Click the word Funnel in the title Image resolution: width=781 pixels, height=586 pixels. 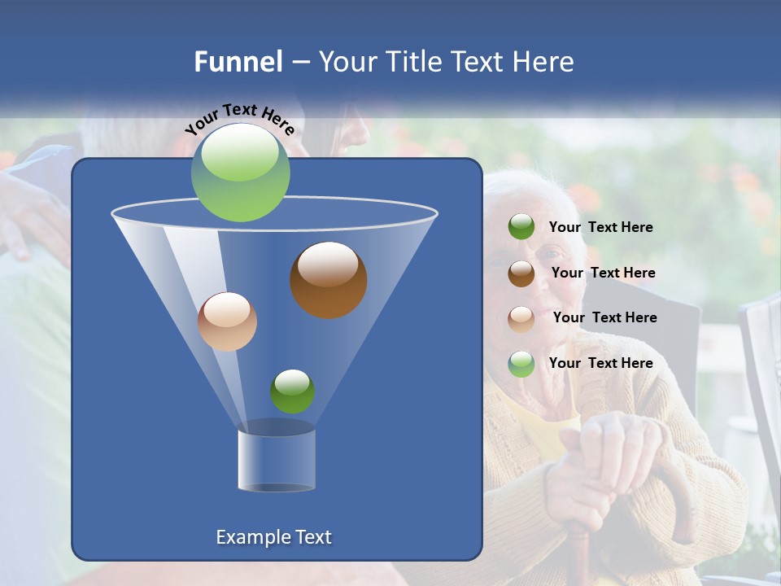238,62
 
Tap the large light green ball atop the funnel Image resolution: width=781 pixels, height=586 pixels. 240,172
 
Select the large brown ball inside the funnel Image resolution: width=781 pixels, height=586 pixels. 328,280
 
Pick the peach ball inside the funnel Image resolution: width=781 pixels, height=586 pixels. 227,321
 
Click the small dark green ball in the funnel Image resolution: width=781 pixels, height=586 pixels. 292,391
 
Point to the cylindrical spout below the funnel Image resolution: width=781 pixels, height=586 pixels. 277,460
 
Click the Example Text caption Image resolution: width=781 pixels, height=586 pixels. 273,537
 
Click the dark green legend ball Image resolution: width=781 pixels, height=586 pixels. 521,227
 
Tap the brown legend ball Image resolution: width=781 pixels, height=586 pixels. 521,273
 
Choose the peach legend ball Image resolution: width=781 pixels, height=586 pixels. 521,318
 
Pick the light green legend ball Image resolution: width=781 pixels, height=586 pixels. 521,364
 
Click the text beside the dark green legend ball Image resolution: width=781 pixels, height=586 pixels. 600,227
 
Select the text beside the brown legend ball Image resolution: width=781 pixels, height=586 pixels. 603,273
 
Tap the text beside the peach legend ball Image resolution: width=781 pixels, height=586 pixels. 604,317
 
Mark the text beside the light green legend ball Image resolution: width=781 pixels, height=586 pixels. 600,363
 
